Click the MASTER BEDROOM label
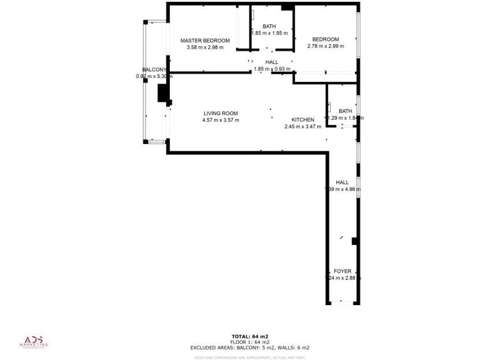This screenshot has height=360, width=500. point(205,40)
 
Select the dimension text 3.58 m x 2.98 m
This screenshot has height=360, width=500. point(205,47)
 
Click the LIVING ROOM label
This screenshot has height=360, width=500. point(220,113)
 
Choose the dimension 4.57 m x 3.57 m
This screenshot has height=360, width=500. point(220,120)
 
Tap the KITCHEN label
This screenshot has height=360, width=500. point(302,120)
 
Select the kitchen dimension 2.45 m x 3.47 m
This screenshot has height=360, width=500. point(302,127)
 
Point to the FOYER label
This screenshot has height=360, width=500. point(342,271)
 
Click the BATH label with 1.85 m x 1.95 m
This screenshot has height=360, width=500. point(269,27)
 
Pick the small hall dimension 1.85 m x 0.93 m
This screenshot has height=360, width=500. point(272,69)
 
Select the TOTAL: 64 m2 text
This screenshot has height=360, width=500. point(250,336)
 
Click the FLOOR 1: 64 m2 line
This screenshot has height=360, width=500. point(250,342)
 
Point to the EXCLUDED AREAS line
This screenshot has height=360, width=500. point(250,348)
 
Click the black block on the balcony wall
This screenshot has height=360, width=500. point(163,94)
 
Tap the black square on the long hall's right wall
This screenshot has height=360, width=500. point(355,241)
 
